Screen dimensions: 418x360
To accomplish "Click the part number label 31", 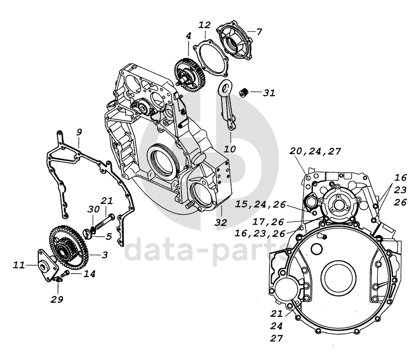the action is [x=269, y=93].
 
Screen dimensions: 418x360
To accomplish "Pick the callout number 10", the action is [x=230, y=149].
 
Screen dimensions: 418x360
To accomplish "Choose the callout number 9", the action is [x=79, y=132].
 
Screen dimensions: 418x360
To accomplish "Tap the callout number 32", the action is [x=221, y=222].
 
